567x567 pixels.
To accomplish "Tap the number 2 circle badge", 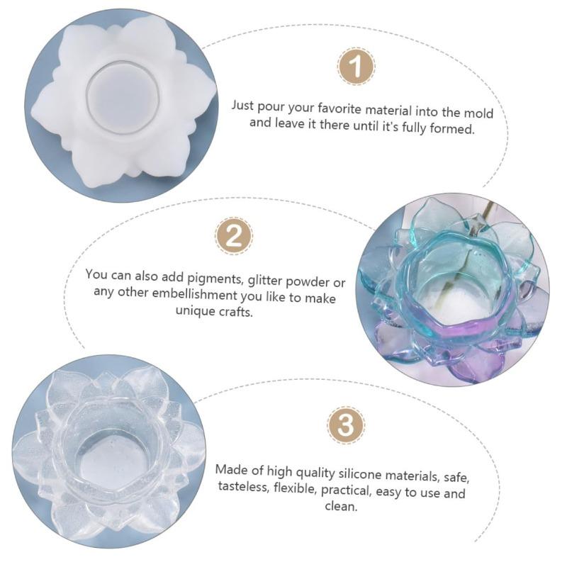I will tap(233, 236).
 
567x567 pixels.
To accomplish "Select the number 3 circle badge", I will tap(345, 427).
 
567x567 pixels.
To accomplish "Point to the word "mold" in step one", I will tap(478, 112).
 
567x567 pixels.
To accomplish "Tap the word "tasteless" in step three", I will tap(243, 488).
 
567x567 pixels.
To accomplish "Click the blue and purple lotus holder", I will tap(453, 290).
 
